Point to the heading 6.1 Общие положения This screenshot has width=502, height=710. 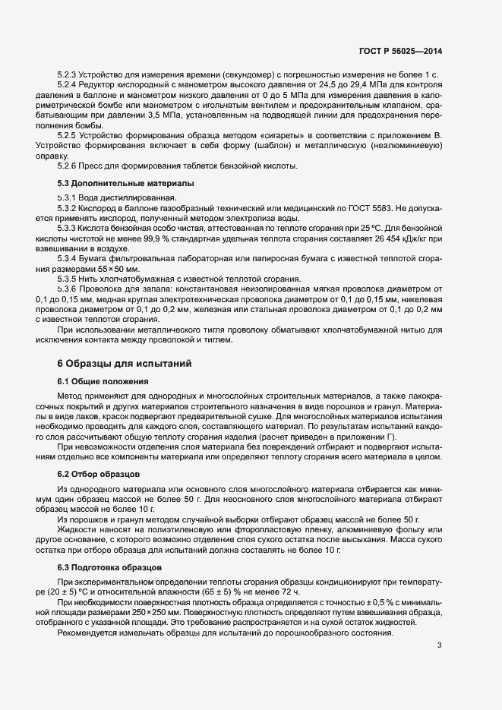coord(103,380)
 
